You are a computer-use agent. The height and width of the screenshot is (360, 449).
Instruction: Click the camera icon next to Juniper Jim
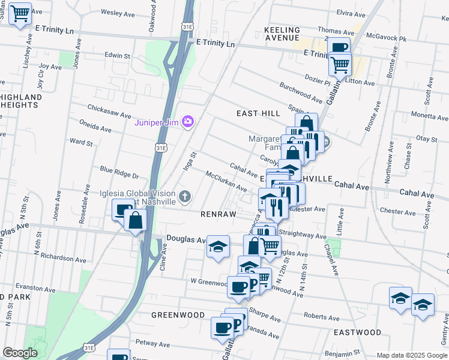[188, 122]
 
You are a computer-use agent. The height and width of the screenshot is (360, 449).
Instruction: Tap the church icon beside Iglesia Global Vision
[185, 196]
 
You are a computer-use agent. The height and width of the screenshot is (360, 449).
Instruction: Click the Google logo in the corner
[20, 353]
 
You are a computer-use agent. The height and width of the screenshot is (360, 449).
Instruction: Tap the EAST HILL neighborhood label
[258, 113]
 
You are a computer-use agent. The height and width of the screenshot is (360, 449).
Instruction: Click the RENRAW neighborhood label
[217, 213]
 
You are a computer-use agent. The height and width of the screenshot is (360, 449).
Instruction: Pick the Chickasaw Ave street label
[109, 114]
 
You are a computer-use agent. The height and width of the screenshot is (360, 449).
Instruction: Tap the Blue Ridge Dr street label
[119, 174]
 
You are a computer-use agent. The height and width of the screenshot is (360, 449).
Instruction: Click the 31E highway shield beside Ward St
[160, 146]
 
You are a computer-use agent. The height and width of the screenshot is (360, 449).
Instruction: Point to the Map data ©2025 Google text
[411, 355]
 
